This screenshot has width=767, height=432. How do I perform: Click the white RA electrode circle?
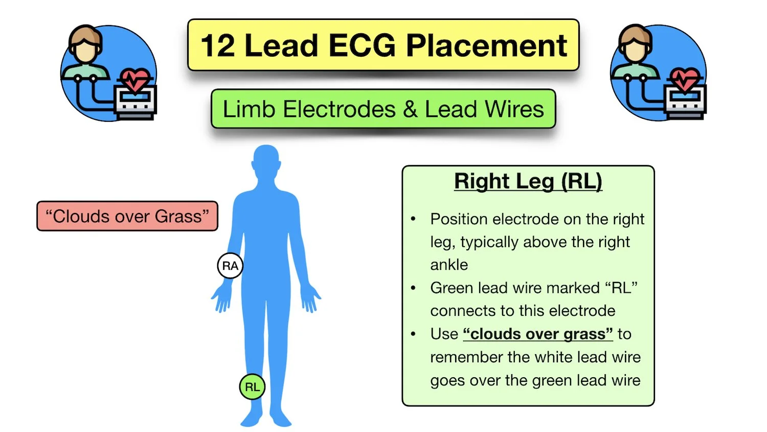(230, 266)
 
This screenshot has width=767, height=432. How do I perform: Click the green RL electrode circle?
(252, 386)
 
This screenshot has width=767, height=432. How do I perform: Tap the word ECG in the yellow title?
(362, 46)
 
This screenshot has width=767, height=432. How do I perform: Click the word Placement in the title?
(486, 46)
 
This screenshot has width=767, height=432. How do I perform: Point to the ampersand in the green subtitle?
(410, 109)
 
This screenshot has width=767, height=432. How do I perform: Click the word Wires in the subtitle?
(514, 109)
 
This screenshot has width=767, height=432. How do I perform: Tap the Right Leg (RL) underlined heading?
(528, 181)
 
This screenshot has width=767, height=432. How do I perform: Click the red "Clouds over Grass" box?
(127, 216)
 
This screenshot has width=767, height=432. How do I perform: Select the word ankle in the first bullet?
(449, 265)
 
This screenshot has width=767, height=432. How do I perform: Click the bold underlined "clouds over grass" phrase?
(537, 334)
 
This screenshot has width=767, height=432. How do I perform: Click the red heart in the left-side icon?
(135, 79)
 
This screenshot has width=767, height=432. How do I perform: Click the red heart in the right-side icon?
(685, 79)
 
